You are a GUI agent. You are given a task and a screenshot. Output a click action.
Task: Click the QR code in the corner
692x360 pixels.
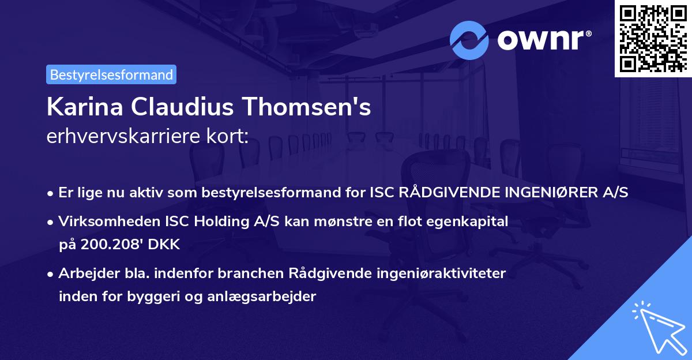pos(653,38)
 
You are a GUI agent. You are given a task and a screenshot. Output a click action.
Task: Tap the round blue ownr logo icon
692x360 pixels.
pos(469,40)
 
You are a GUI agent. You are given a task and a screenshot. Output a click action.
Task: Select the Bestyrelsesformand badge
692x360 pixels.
pos(111,74)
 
